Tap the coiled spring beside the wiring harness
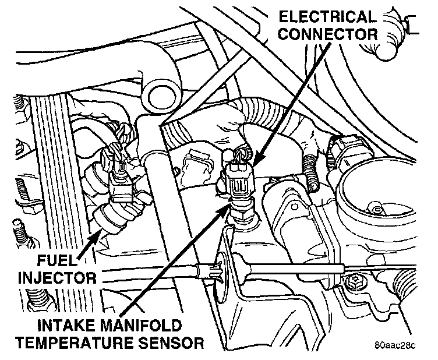[311, 175]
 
